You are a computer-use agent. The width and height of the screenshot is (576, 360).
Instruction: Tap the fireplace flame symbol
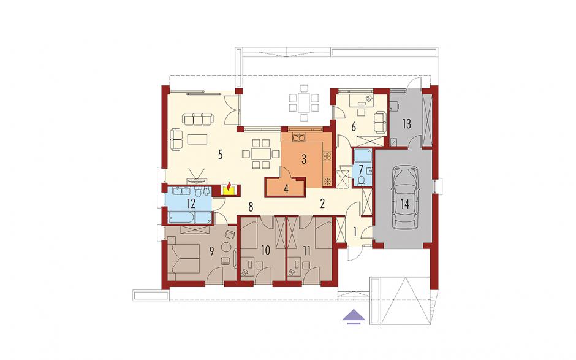tap(229, 187)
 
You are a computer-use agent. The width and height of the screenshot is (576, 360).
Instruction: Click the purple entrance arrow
tap(354, 316)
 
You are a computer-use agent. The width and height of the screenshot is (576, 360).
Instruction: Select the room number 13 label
tap(406, 124)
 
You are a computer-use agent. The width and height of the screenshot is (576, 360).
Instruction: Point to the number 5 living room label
tap(220, 155)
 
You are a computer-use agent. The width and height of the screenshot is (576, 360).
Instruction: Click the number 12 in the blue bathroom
tap(191, 204)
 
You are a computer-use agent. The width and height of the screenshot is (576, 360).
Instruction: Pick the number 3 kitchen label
tap(303, 159)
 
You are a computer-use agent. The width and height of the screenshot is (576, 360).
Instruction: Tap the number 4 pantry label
tap(286, 190)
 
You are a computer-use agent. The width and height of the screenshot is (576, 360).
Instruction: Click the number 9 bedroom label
tap(211, 251)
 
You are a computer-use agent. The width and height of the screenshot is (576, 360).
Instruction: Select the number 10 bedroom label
tap(265, 251)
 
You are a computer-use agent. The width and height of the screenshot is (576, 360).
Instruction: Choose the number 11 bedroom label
tap(307, 251)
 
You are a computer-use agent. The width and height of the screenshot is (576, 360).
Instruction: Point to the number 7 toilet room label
tap(361, 170)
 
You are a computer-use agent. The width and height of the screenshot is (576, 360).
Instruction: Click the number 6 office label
tap(354, 127)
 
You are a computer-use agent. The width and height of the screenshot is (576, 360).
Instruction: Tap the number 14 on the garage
tap(404, 204)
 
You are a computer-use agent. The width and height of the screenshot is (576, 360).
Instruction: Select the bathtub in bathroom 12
tap(182, 217)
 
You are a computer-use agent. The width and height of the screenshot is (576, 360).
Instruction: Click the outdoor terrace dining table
tap(303, 102)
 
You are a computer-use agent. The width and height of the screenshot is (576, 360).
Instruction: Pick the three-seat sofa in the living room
tap(198, 119)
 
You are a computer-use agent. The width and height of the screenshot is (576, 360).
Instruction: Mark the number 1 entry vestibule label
tap(355, 232)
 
